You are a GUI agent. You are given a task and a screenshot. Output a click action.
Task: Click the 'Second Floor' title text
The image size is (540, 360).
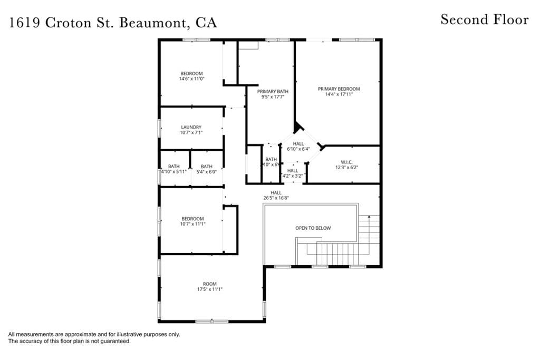tap(484, 20)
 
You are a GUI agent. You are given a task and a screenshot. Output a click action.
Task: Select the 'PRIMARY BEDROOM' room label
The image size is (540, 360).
tap(339, 89)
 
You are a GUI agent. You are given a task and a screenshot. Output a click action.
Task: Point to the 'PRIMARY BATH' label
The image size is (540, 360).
tap(273, 91)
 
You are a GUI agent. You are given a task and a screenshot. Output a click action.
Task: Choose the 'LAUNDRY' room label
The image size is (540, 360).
tap(191, 127)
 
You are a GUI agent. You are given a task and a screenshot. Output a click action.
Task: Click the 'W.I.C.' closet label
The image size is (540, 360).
tap(346, 162)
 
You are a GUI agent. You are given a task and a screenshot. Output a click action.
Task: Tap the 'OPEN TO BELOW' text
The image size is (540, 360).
tap(313, 228)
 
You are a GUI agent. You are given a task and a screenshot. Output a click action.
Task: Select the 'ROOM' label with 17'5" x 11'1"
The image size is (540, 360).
tap(209, 284)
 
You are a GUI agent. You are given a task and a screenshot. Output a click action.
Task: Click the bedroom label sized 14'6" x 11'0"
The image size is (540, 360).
tap(191, 73)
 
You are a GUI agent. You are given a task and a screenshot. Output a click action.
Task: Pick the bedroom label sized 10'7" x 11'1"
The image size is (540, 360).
tap(192, 219)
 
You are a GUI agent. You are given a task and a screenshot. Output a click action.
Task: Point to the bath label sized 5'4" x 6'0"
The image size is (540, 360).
tap(206, 167)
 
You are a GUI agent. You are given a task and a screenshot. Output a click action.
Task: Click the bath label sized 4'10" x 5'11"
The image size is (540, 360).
tap(173, 167)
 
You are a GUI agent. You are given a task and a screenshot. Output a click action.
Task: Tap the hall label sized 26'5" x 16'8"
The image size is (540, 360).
tap(276, 193)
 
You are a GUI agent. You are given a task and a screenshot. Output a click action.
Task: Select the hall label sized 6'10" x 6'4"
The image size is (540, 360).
tap(298, 144)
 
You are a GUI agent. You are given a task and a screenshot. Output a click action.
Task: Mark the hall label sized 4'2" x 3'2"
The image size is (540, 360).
tap(293, 171)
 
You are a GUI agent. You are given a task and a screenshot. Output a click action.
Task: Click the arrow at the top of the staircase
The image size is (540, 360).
tap(370, 216)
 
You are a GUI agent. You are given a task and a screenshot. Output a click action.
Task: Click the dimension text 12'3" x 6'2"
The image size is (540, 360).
tap(346, 168)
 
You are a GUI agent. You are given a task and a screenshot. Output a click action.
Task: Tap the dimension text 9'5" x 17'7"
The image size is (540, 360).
tap(273, 97)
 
